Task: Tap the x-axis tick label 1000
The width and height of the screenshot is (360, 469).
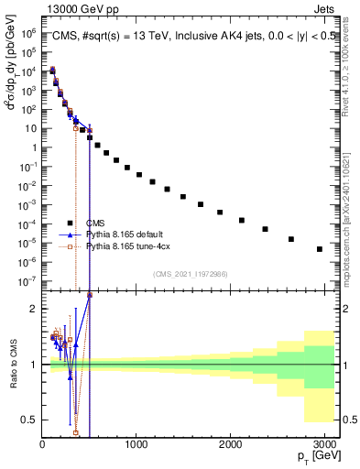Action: point(136,443)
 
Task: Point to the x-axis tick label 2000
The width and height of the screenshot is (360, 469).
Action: point(230,443)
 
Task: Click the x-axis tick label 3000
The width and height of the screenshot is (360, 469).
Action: point(323,443)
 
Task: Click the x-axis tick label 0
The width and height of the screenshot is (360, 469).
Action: point(42,443)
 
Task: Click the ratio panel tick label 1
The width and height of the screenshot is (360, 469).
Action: point(33,365)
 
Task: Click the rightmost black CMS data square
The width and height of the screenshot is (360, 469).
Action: point(319,248)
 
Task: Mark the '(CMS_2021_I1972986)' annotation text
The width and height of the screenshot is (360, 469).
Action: point(191,274)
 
